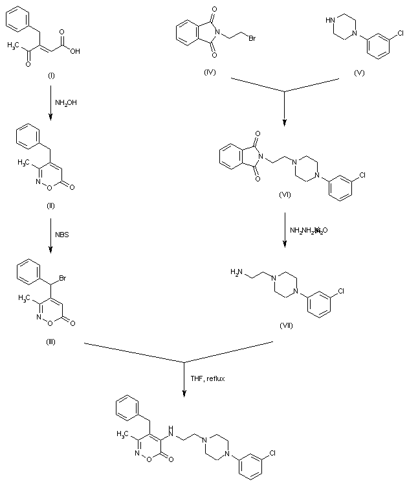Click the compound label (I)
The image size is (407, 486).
pos(51,76)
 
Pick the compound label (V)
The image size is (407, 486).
pos(359,73)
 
